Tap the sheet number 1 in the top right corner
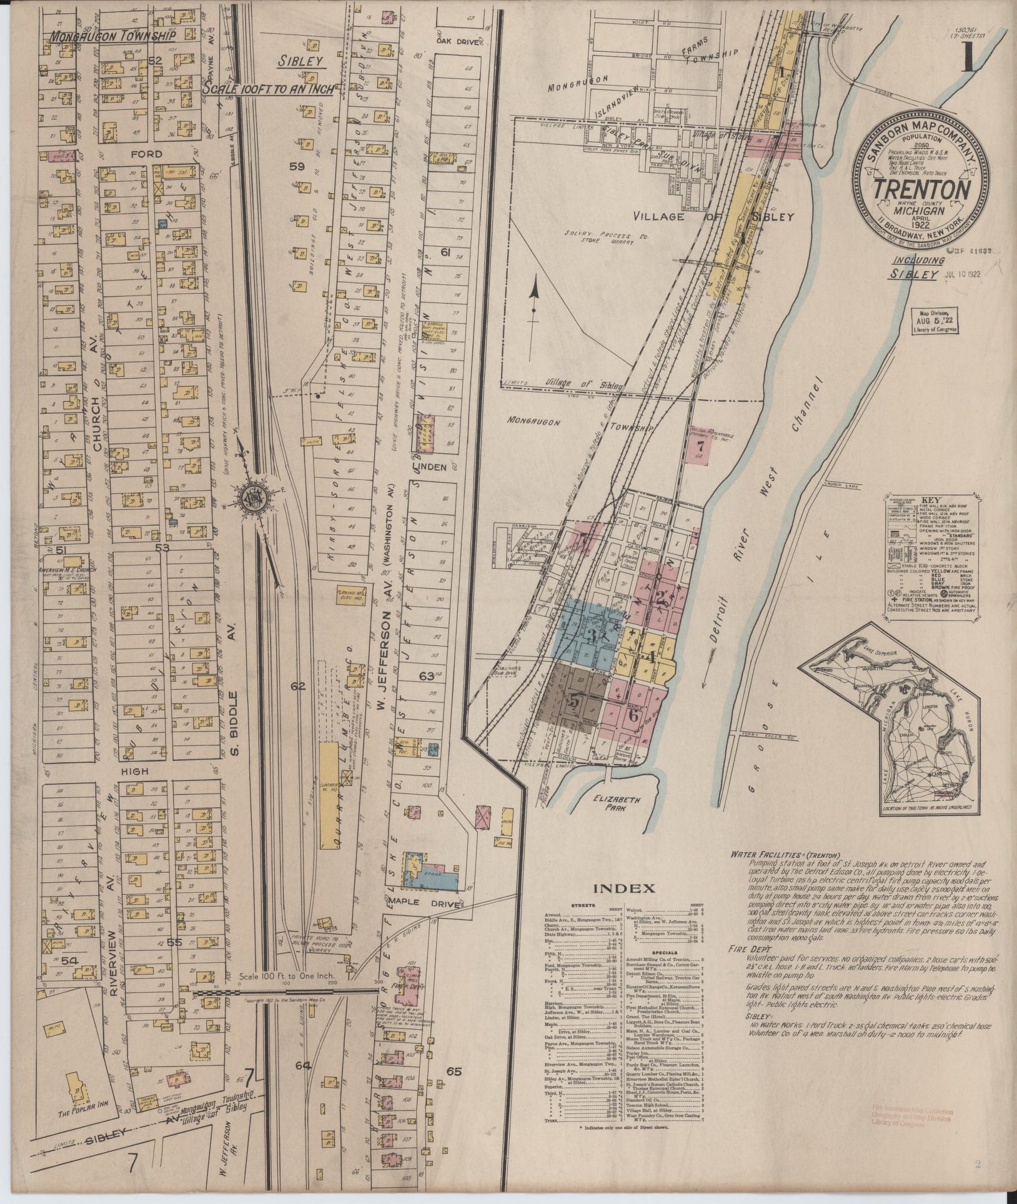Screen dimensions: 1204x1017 pos(970,59)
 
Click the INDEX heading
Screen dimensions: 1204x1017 pos(629,888)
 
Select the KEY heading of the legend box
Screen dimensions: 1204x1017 pos(930,500)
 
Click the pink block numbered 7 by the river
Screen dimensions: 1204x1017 pos(700,446)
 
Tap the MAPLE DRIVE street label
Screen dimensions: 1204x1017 pos(436,905)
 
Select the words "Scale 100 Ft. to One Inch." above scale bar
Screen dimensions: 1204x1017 pos(288,993)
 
